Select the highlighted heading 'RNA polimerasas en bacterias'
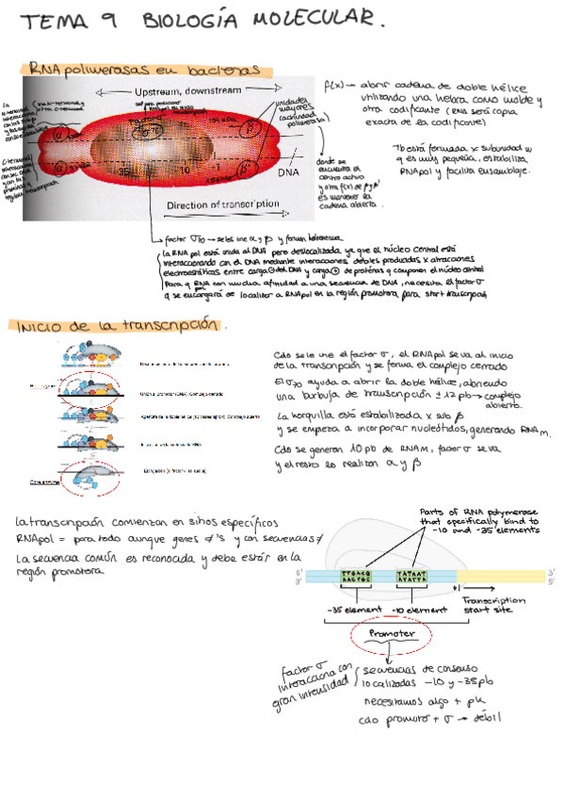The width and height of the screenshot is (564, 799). point(144,71)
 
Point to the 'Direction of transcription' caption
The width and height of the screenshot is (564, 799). point(222,204)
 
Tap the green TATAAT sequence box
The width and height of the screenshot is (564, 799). point(412,577)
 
